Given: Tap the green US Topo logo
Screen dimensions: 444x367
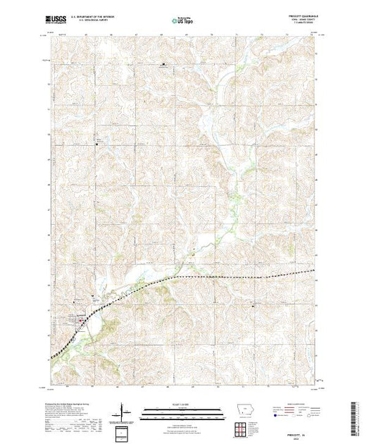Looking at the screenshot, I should (182, 21).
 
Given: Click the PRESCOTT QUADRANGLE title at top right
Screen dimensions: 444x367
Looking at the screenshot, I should (305, 17).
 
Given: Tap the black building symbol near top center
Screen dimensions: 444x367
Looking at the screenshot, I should (164, 66).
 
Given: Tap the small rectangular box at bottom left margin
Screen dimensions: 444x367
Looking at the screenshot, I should (123, 431).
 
